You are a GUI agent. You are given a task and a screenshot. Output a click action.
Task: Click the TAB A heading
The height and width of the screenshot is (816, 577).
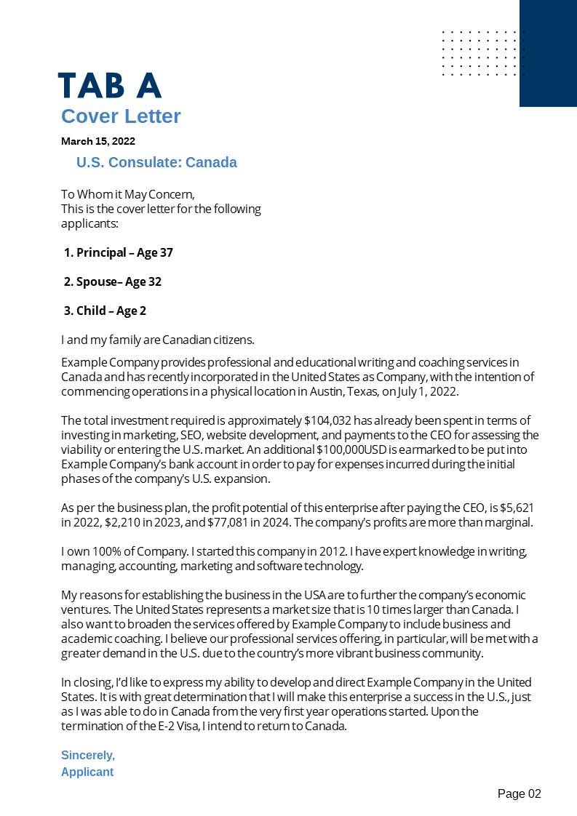click(109, 86)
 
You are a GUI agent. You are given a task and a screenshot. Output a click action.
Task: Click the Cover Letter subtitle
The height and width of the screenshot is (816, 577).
click(121, 116)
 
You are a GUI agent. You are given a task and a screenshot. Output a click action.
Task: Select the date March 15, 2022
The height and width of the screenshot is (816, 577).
click(98, 141)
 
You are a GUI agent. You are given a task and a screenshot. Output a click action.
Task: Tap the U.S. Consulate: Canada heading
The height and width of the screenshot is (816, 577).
click(156, 162)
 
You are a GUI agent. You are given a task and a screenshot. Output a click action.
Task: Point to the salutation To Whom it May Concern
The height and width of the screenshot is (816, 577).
click(128, 194)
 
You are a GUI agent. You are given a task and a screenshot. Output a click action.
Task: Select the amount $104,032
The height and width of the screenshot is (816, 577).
click(327, 420)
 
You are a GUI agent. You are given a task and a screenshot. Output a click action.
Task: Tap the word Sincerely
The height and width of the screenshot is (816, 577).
click(88, 755)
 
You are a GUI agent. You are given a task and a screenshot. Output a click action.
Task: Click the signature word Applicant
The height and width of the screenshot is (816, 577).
click(87, 772)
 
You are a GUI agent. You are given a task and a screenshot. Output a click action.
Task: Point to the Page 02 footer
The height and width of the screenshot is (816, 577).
click(519, 793)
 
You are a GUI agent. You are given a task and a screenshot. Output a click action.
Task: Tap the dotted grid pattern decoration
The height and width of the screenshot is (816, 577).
click(482, 53)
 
